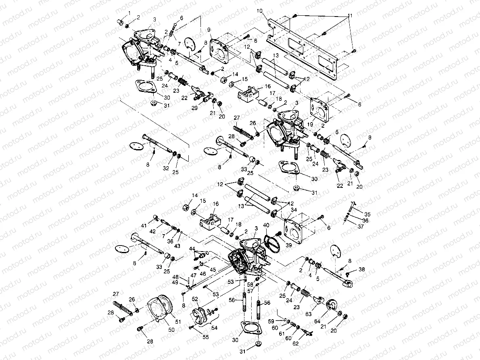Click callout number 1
[x=129, y=13]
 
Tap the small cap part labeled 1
[x=120, y=21]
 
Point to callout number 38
[x=361, y=269]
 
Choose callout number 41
[x=144, y=225]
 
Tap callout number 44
[x=192, y=248]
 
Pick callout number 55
[x=206, y=337]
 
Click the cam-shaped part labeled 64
[x=332, y=305]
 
